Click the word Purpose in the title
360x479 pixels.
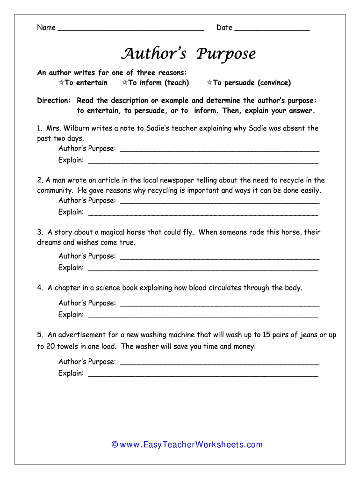point(226,54)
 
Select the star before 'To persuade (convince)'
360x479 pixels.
point(209,82)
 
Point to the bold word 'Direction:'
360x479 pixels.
point(54,101)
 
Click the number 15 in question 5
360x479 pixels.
point(266,335)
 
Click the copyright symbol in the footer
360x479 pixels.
point(115,445)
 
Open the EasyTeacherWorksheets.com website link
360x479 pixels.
point(191,445)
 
